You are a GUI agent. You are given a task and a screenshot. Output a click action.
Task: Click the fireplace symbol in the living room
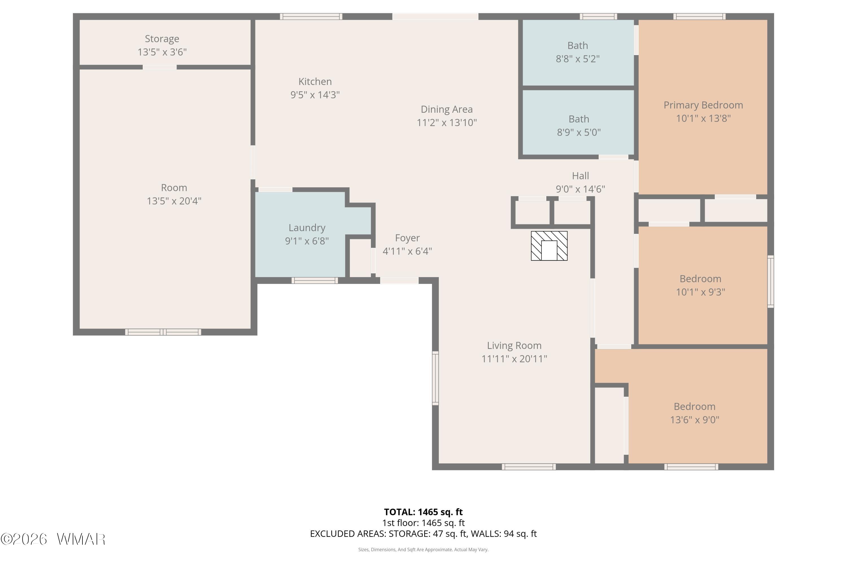click(x=549, y=246)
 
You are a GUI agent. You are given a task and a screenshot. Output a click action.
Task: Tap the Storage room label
click(x=162, y=38)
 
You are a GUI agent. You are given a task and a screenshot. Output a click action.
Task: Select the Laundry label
click(x=307, y=228)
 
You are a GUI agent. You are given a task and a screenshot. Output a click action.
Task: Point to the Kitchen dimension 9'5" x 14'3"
click(x=315, y=95)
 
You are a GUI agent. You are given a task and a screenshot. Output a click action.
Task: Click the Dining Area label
click(x=447, y=109)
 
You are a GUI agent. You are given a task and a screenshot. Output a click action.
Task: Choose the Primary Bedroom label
click(x=703, y=105)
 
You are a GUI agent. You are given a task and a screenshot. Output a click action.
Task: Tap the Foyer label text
click(x=407, y=238)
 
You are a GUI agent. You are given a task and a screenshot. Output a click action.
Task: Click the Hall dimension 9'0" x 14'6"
click(x=580, y=189)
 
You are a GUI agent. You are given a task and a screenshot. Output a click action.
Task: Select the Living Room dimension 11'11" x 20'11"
click(x=514, y=358)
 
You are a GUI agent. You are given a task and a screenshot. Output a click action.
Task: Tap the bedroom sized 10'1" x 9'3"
click(x=700, y=285)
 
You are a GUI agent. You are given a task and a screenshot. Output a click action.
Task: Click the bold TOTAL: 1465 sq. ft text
click(x=423, y=512)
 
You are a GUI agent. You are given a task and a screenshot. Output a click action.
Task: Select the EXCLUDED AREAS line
click(x=423, y=534)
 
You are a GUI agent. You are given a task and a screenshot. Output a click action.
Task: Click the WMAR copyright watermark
click(x=53, y=539)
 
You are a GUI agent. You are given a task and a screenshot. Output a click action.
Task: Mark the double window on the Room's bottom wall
click(x=163, y=332)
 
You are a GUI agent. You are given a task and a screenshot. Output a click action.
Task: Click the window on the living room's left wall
click(x=435, y=378)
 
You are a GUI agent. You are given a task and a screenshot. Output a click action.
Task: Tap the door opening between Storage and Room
click(x=160, y=67)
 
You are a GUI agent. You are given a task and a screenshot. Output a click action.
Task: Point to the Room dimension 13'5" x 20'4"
click(x=174, y=201)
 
